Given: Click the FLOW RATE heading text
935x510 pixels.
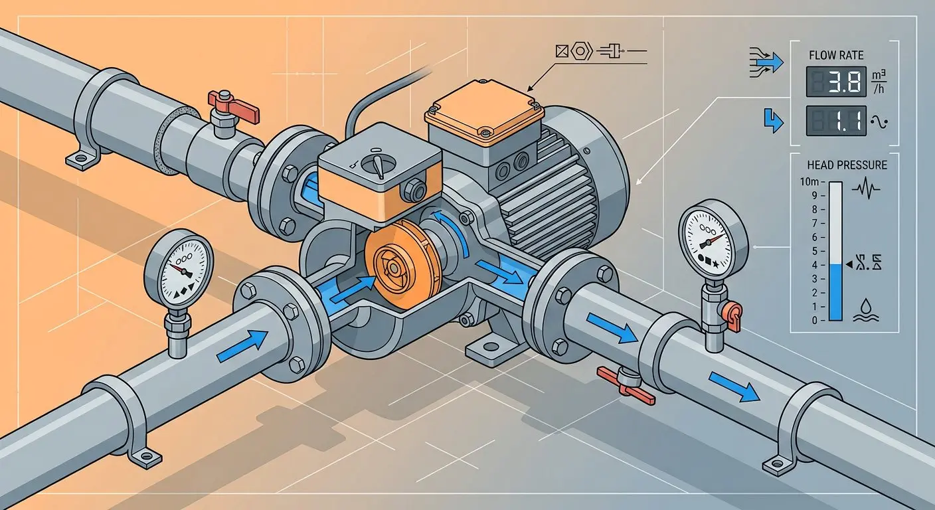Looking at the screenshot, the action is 836,56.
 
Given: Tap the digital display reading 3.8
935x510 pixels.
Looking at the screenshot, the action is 836,82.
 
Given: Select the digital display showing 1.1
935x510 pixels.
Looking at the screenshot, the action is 836,121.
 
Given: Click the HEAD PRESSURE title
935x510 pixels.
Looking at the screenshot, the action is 847,165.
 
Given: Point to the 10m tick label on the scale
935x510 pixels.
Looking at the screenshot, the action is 809,182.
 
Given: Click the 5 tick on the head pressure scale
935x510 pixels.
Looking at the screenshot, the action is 814,251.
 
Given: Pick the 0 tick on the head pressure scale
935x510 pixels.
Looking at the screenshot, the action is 814,321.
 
